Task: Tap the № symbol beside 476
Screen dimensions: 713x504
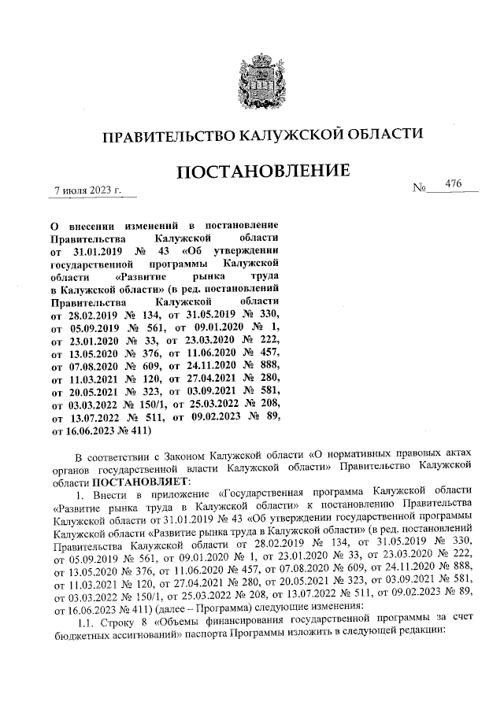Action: point(420,190)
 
